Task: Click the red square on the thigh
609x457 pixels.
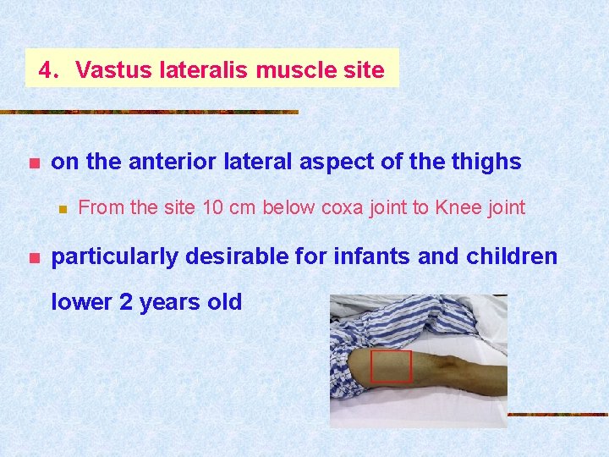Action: [391, 366]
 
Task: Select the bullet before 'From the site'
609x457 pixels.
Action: [61, 208]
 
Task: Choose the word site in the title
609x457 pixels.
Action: [365, 70]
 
